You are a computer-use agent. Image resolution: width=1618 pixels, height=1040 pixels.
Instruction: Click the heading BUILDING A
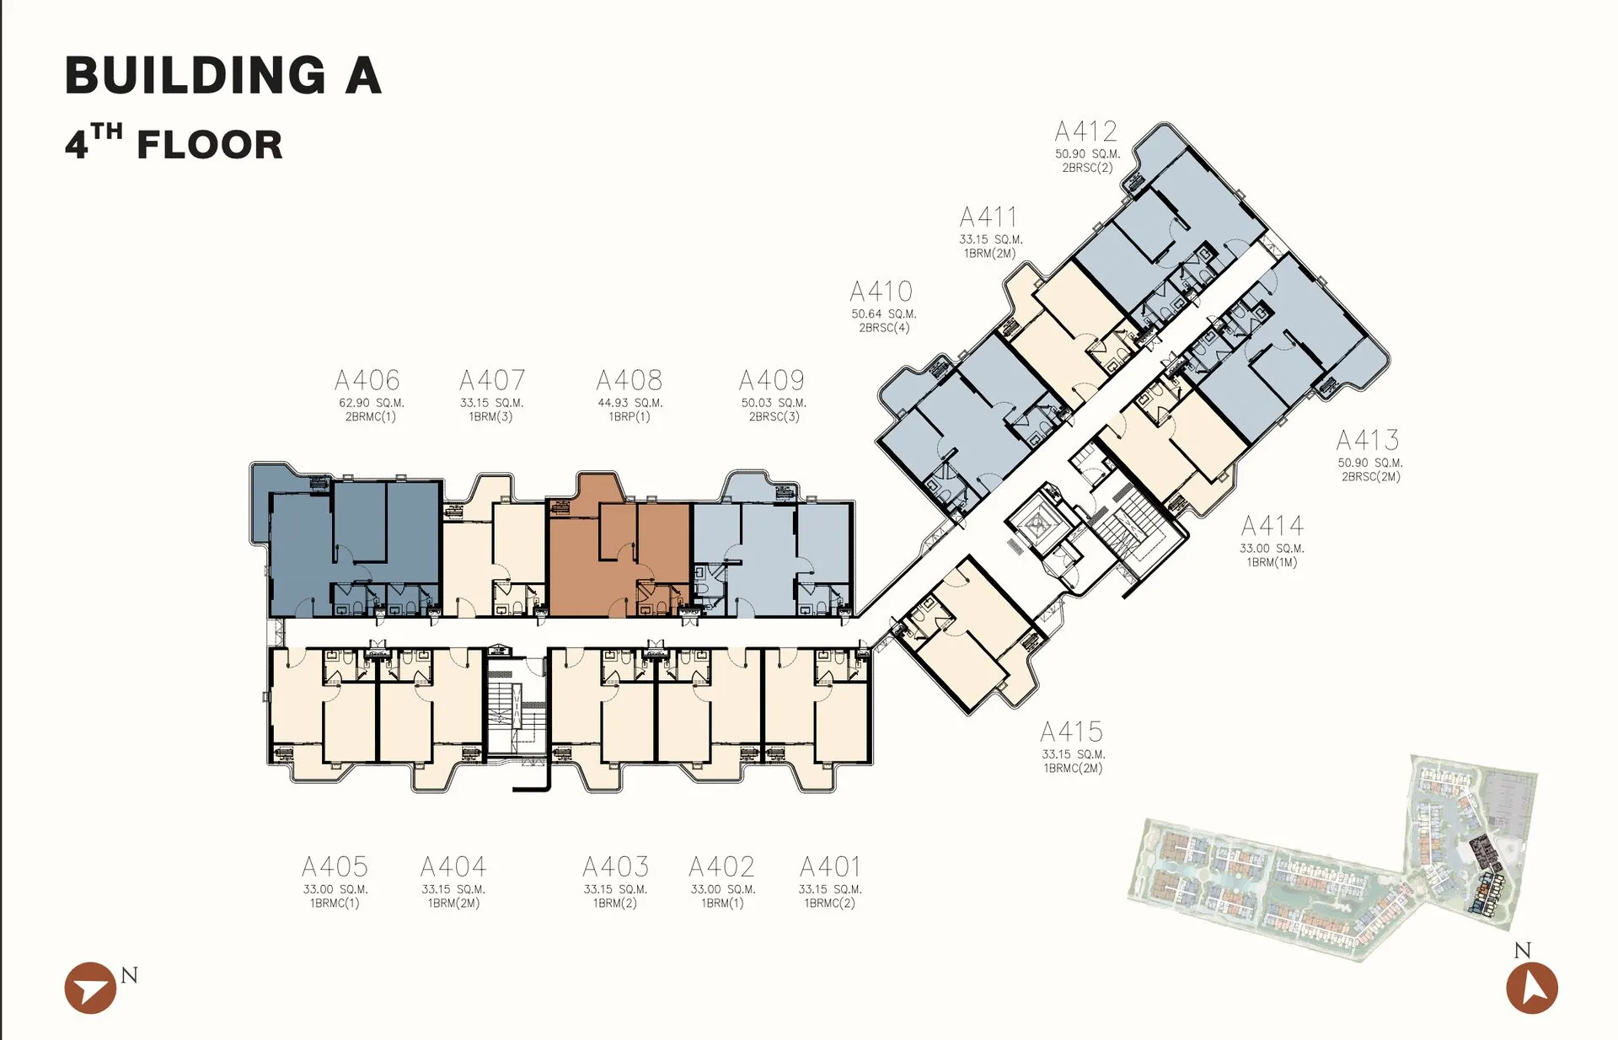click(x=223, y=75)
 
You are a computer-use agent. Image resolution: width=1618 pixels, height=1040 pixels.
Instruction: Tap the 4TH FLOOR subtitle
click(x=174, y=142)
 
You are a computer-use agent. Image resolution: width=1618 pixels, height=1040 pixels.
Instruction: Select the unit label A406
click(x=367, y=380)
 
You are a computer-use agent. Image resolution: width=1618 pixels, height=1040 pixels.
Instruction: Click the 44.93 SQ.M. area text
click(x=630, y=403)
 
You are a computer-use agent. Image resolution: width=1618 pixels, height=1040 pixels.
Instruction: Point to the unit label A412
click(x=1086, y=131)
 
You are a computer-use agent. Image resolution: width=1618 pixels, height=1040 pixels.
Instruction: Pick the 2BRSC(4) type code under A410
click(x=884, y=328)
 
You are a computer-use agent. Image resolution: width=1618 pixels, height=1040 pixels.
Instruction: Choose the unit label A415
click(x=1072, y=732)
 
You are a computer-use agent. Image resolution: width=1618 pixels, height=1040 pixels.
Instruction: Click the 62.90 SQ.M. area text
click(x=372, y=403)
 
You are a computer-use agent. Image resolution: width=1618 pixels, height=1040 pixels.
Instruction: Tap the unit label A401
click(x=830, y=866)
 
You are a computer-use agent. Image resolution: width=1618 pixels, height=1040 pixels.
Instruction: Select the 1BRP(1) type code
click(x=630, y=416)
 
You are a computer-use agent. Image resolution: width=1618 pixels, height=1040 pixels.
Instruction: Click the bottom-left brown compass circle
click(x=90, y=988)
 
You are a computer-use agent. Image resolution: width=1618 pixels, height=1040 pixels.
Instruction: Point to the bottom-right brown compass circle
click(x=1532, y=988)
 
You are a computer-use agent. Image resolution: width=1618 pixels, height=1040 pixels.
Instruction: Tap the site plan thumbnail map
click(x=1334, y=858)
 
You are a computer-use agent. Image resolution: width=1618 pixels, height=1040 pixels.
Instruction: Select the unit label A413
click(x=1368, y=440)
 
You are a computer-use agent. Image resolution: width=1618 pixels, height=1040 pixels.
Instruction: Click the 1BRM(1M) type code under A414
click(x=1272, y=562)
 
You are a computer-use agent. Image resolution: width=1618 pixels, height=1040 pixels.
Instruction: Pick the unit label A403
click(x=615, y=866)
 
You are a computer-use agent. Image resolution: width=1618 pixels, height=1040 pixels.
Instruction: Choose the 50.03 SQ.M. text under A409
click(x=774, y=403)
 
